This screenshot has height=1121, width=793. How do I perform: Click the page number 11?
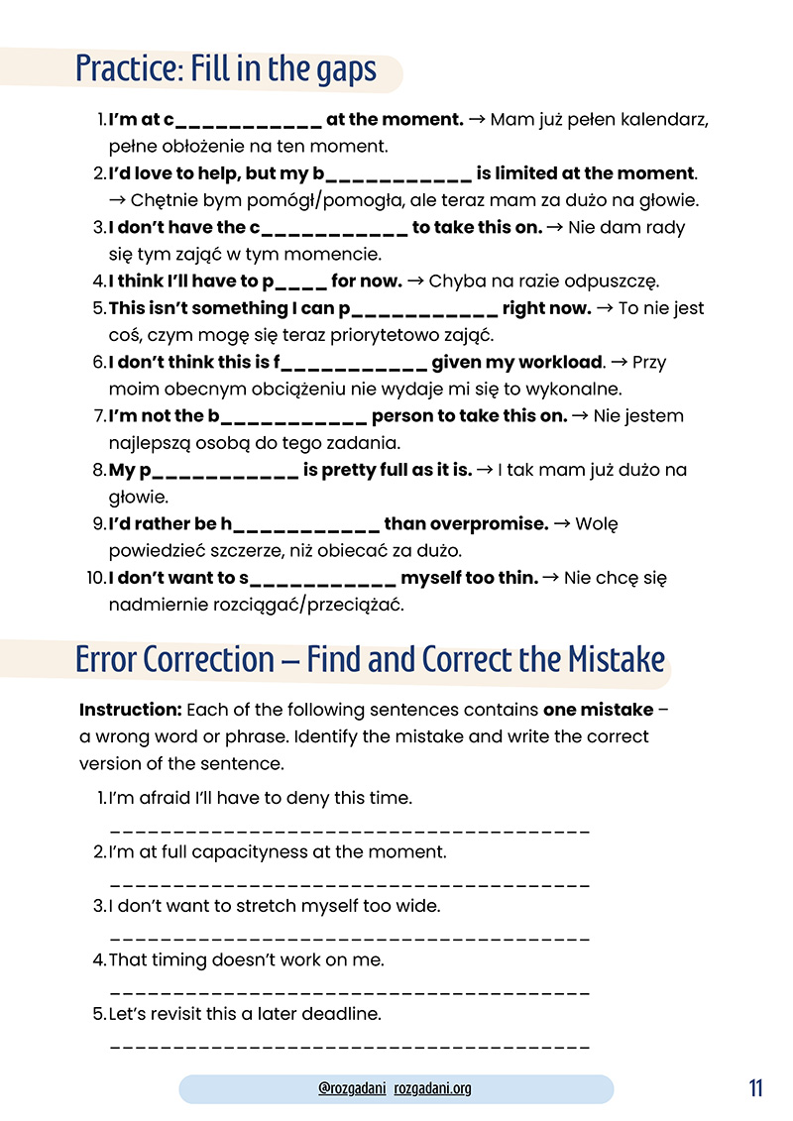click(x=756, y=1087)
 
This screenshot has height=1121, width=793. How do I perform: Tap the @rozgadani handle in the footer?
click(x=352, y=1088)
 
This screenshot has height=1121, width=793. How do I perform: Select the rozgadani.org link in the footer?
click(x=432, y=1088)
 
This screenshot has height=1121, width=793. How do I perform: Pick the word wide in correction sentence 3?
click(x=419, y=906)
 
